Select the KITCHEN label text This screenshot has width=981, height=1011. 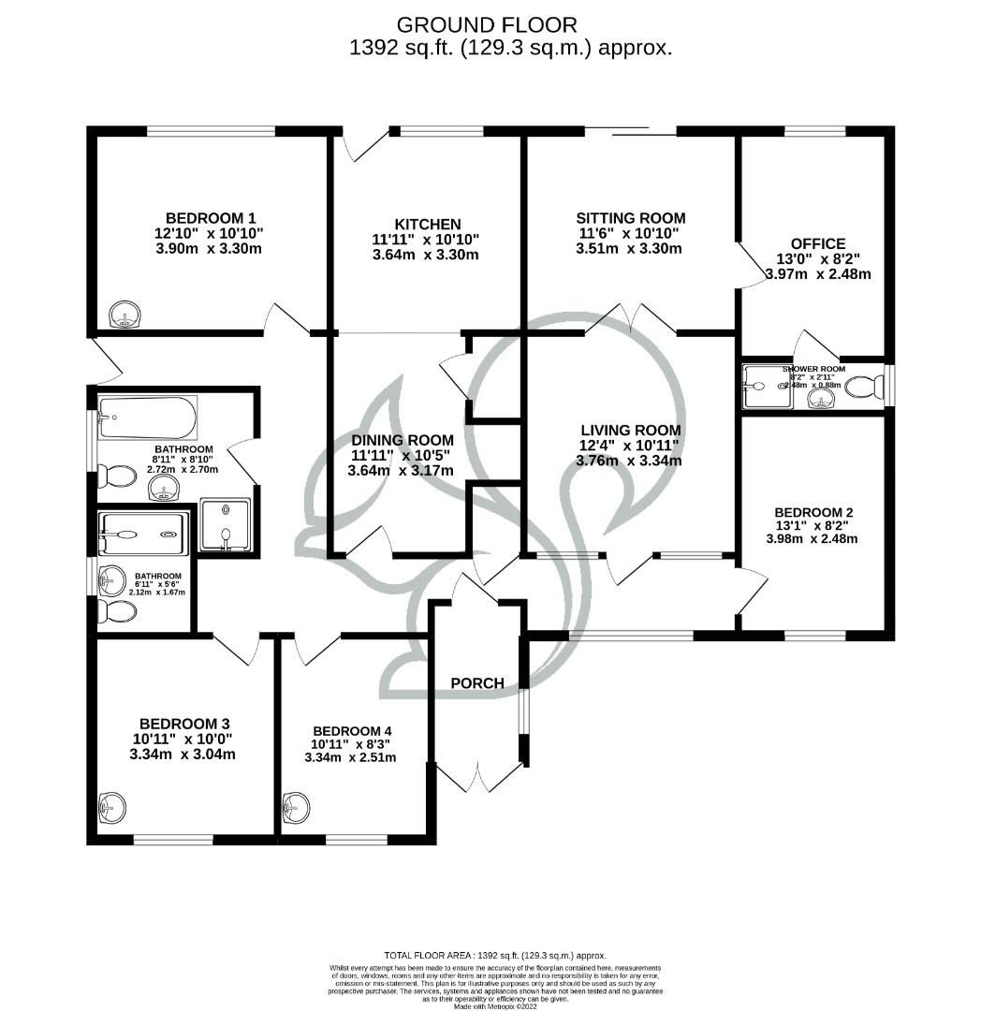pyautogui.click(x=427, y=224)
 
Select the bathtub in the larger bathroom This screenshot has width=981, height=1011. pyautogui.click(x=148, y=418)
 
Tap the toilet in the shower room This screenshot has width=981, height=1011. pyautogui.click(x=864, y=386)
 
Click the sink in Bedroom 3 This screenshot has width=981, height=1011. pyautogui.click(x=112, y=806)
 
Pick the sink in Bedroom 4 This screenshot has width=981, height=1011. pyautogui.click(x=297, y=805)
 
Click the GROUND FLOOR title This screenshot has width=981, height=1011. pyautogui.click(x=487, y=24)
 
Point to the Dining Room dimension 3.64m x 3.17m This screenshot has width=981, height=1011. pyautogui.click(x=402, y=470)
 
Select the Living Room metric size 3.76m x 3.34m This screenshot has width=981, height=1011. pyautogui.click(x=630, y=461)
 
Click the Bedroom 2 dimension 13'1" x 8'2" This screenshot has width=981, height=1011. pyautogui.click(x=813, y=525)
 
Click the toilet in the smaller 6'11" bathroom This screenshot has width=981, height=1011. pyautogui.click(x=117, y=611)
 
